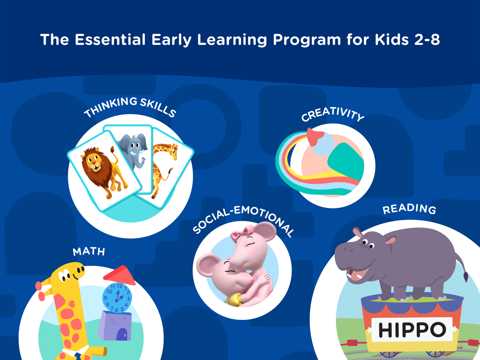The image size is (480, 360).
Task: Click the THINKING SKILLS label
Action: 130,107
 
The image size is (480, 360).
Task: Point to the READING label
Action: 409,209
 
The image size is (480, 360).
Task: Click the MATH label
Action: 89,252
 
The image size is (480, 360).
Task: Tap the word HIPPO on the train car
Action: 412,330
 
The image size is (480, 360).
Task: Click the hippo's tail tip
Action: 465,277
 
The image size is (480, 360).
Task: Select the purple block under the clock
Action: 115,326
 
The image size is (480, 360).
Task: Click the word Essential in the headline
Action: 110,40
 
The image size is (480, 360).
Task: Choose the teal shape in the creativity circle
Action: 346,161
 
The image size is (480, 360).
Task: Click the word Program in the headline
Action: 307,40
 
